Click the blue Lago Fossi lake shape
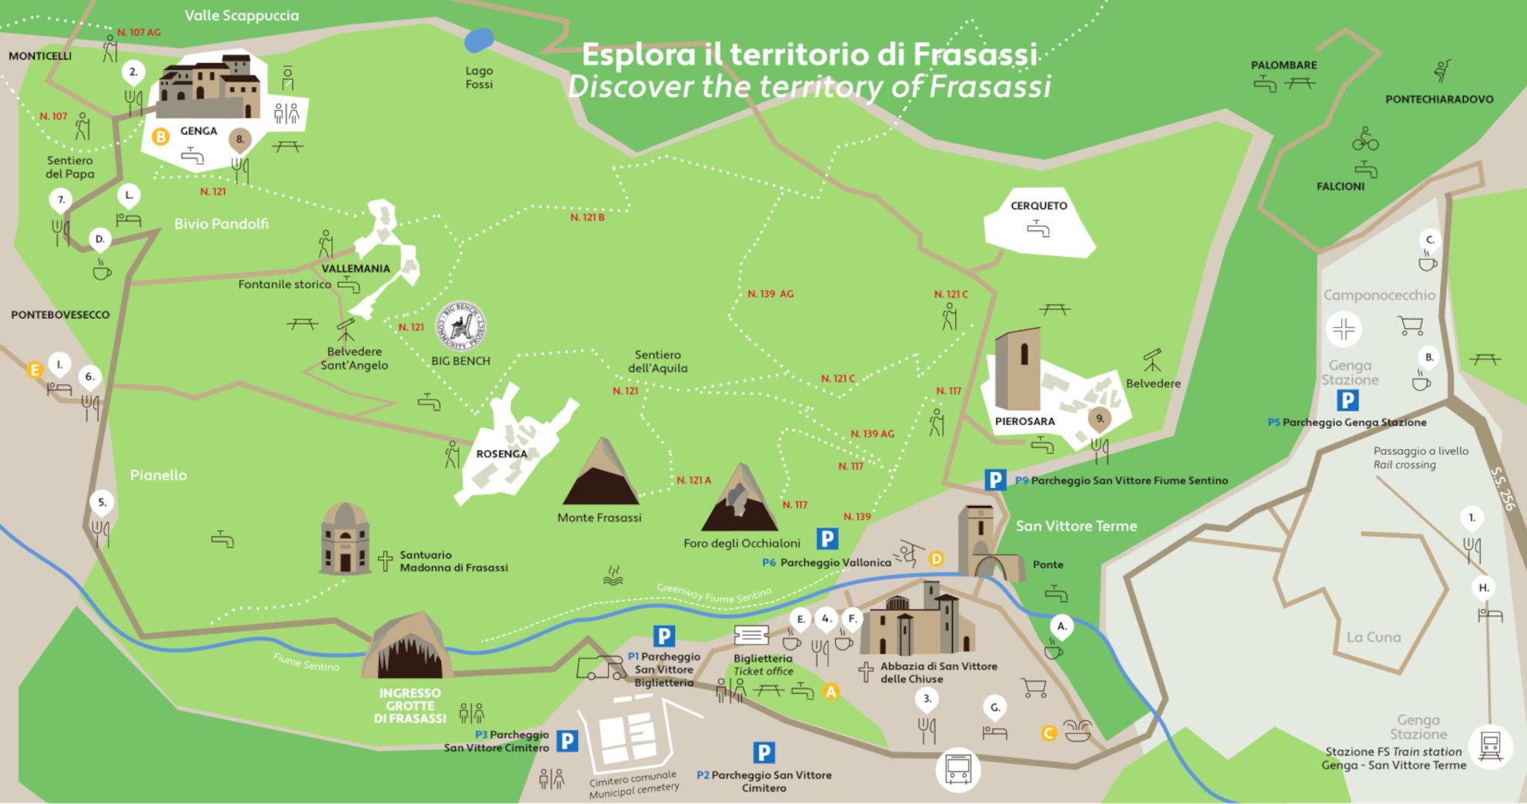pyautogui.click(x=479, y=40)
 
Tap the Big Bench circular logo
pyautogui.click(x=461, y=325)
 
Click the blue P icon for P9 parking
pyautogui.click(x=995, y=480)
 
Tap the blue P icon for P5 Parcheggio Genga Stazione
pyautogui.click(x=1347, y=400)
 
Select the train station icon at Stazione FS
pyautogui.click(x=1490, y=745)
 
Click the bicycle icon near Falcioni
pyautogui.click(x=1365, y=139)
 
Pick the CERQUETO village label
pyautogui.click(x=1038, y=206)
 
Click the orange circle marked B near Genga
pyautogui.click(x=161, y=137)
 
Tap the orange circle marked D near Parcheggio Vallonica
pyautogui.click(x=936, y=558)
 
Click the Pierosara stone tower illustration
pyautogui.click(x=1017, y=370)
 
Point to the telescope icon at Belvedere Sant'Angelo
pyautogui.click(x=346, y=330)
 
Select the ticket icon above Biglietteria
pyautogui.click(x=751, y=635)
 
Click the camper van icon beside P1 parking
pyautogui.click(x=601, y=668)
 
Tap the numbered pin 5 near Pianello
pyautogui.click(x=102, y=503)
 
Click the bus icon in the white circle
pyautogui.click(x=958, y=769)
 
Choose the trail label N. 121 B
pyautogui.click(x=587, y=217)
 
